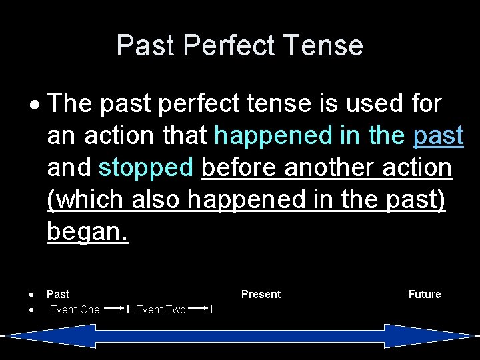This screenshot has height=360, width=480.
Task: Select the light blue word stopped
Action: pos(145,168)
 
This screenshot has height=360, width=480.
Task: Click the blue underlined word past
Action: pos(438,136)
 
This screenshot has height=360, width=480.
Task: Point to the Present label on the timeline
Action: pos(261,294)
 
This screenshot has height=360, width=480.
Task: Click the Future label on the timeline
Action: pos(425,294)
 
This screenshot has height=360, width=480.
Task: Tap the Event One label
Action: pos(75,309)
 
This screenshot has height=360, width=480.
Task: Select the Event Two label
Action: pos(161,309)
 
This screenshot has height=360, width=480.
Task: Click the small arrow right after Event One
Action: pos(115,309)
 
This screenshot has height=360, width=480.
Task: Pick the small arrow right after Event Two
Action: pos(199,309)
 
